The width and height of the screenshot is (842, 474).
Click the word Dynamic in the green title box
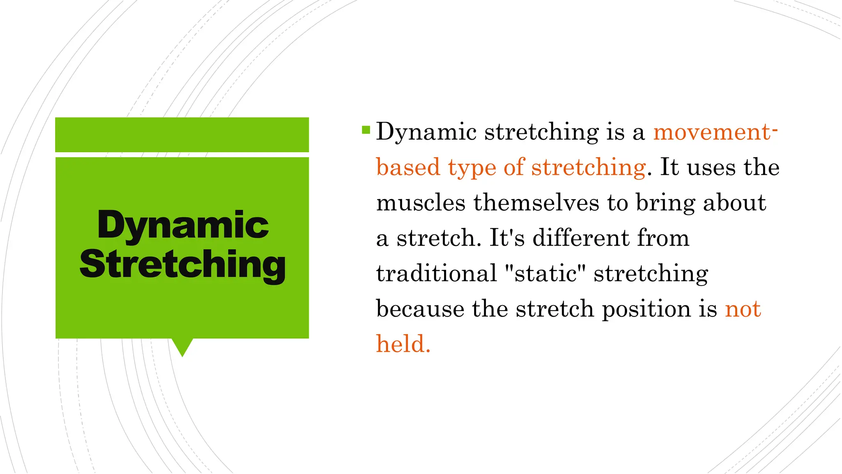click(183, 225)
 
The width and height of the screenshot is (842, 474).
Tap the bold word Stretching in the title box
click(183, 265)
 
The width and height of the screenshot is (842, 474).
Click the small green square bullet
click(366, 130)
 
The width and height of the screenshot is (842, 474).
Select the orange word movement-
click(715, 132)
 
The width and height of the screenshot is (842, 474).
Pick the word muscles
click(421, 203)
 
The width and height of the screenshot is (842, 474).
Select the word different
click(581, 238)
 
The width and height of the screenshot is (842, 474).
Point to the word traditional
click(436, 274)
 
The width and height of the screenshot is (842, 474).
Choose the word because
click(420, 309)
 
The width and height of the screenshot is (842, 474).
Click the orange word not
click(743, 309)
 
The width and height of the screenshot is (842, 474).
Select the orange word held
click(403, 344)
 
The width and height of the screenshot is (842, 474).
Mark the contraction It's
click(507, 238)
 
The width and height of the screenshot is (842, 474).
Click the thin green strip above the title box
click(182, 135)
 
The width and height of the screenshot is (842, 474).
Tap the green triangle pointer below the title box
click(182, 347)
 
